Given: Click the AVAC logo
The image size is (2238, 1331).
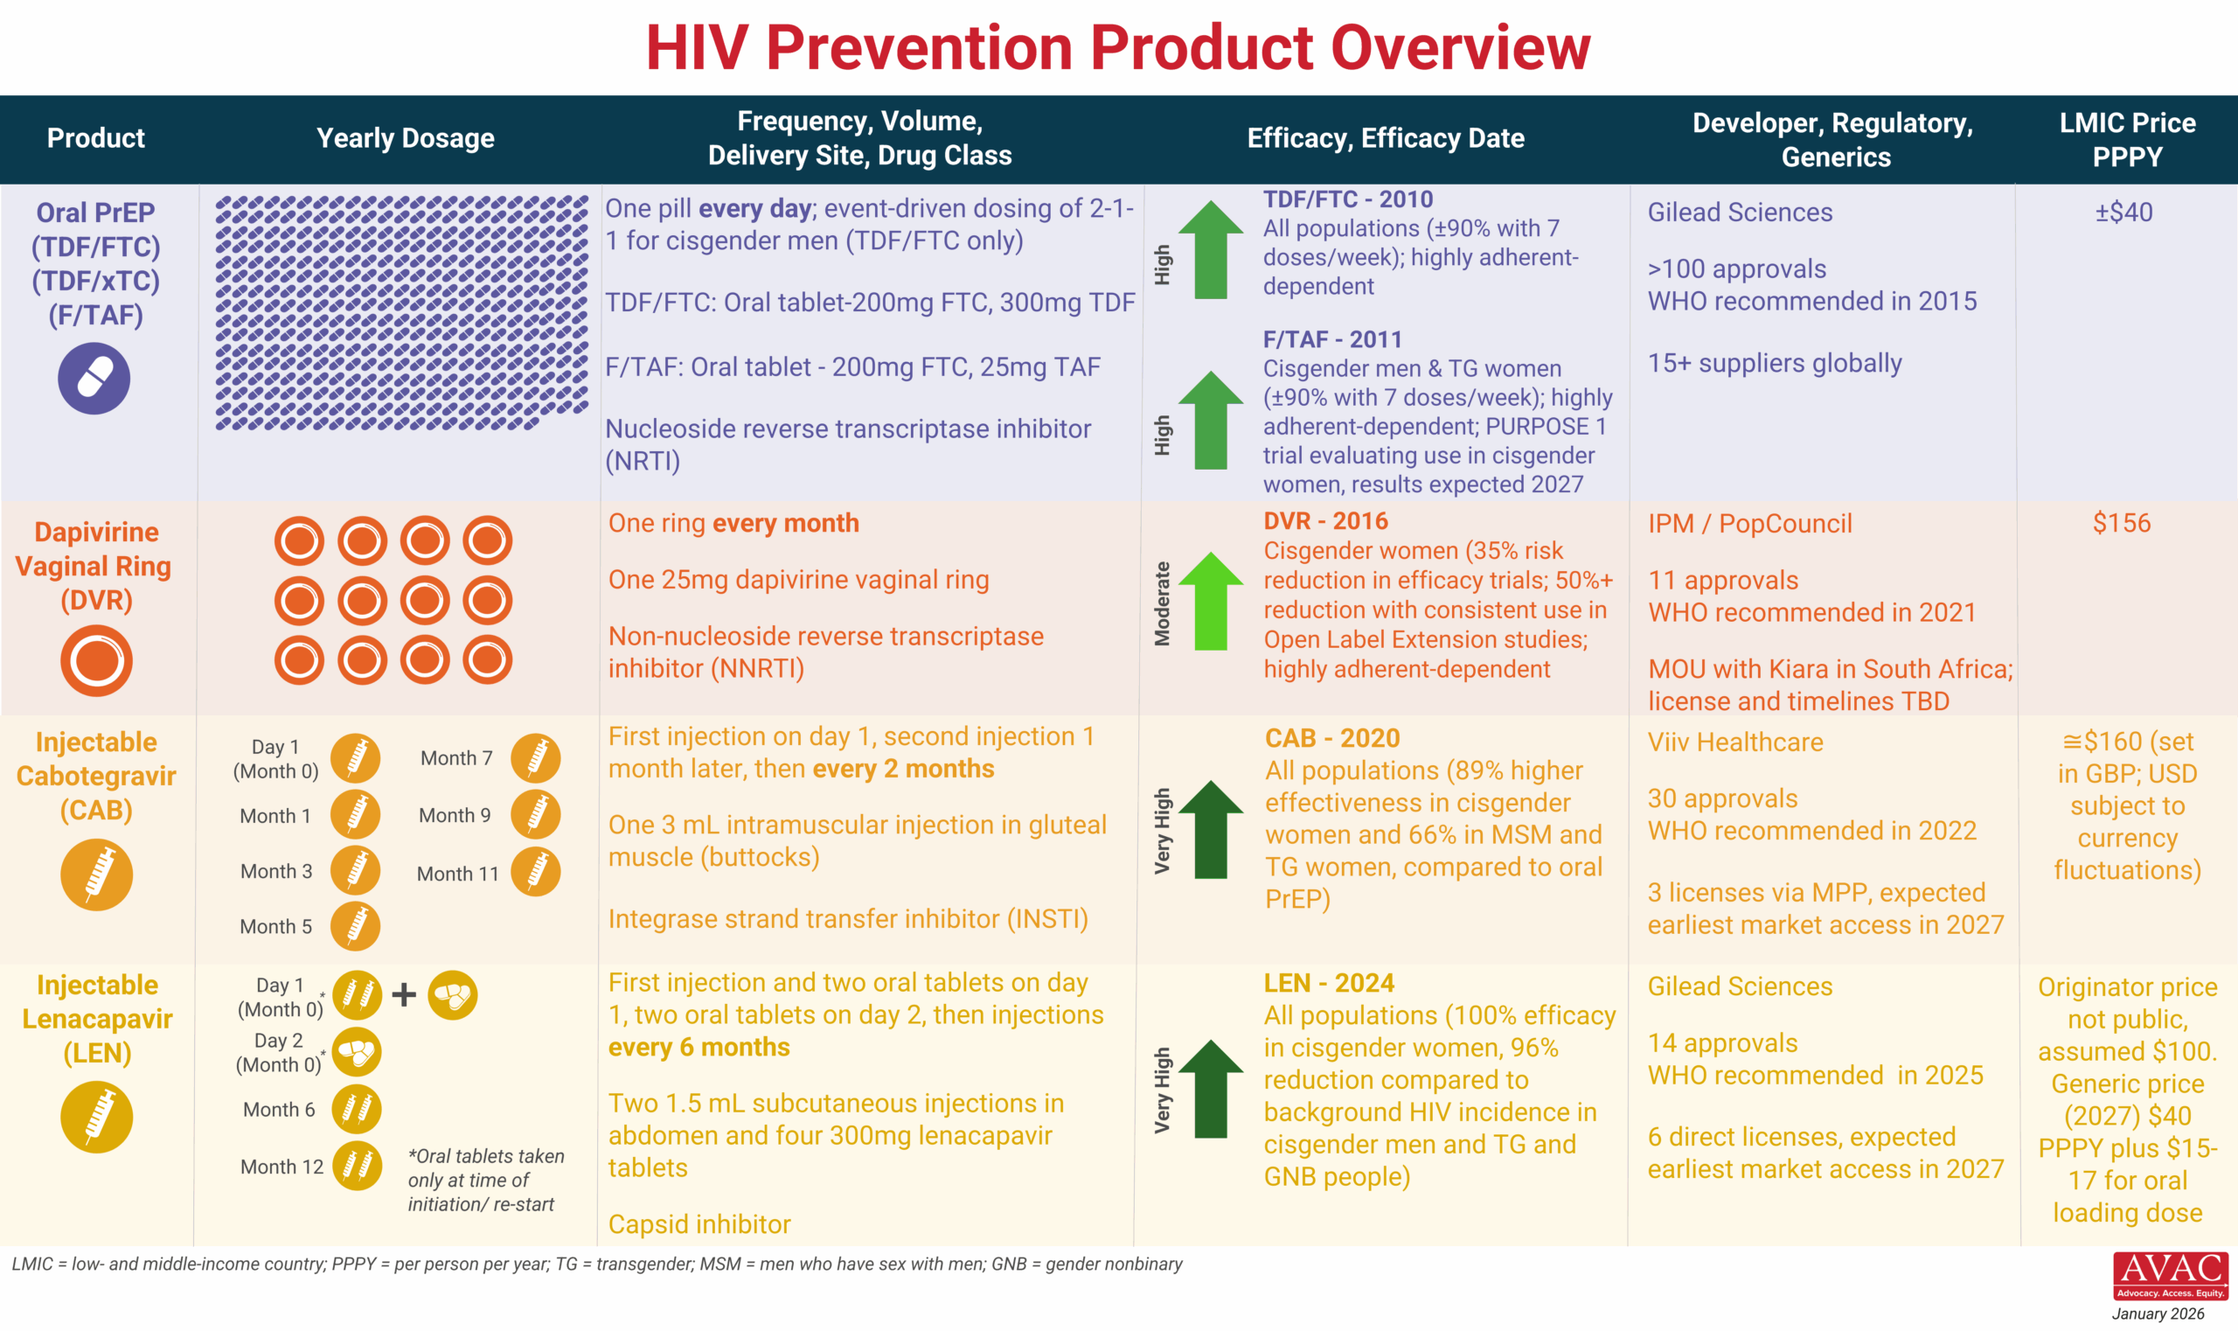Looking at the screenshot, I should tap(2170, 1275).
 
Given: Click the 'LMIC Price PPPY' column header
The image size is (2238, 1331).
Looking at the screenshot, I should tap(2127, 139).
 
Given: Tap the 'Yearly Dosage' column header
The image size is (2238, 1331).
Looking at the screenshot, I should tap(406, 138).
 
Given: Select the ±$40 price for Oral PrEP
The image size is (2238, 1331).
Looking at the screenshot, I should tap(2123, 213).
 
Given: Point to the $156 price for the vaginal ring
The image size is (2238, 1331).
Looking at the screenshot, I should tap(2122, 523).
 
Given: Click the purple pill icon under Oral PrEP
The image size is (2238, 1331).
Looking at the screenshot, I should tap(94, 379).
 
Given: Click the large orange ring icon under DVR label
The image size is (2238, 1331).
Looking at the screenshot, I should tap(96, 661).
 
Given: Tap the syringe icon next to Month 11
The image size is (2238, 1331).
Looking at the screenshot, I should tap(536, 872).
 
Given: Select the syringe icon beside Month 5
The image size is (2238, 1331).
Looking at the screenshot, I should tap(355, 926).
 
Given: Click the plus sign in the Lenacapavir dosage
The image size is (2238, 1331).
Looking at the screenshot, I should tap(405, 994).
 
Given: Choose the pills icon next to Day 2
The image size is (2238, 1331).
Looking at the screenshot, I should tap(357, 1052).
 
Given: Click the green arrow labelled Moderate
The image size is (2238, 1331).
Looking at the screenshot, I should tap(1211, 601).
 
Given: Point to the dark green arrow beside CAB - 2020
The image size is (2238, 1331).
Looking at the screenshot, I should tap(1211, 830).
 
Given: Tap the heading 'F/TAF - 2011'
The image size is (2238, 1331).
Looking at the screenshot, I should tap(1331, 340).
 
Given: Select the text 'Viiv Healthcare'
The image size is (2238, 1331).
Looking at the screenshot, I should tap(1735, 742).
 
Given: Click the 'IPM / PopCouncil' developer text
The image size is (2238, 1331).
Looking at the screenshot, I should tap(1749, 524).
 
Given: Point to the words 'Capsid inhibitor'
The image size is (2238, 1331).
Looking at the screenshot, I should tap(699, 1224).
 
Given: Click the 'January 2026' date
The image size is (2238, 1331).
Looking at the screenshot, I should tap(2158, 1314).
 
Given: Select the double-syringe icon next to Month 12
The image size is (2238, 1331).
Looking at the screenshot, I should tap(357, 1166).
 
